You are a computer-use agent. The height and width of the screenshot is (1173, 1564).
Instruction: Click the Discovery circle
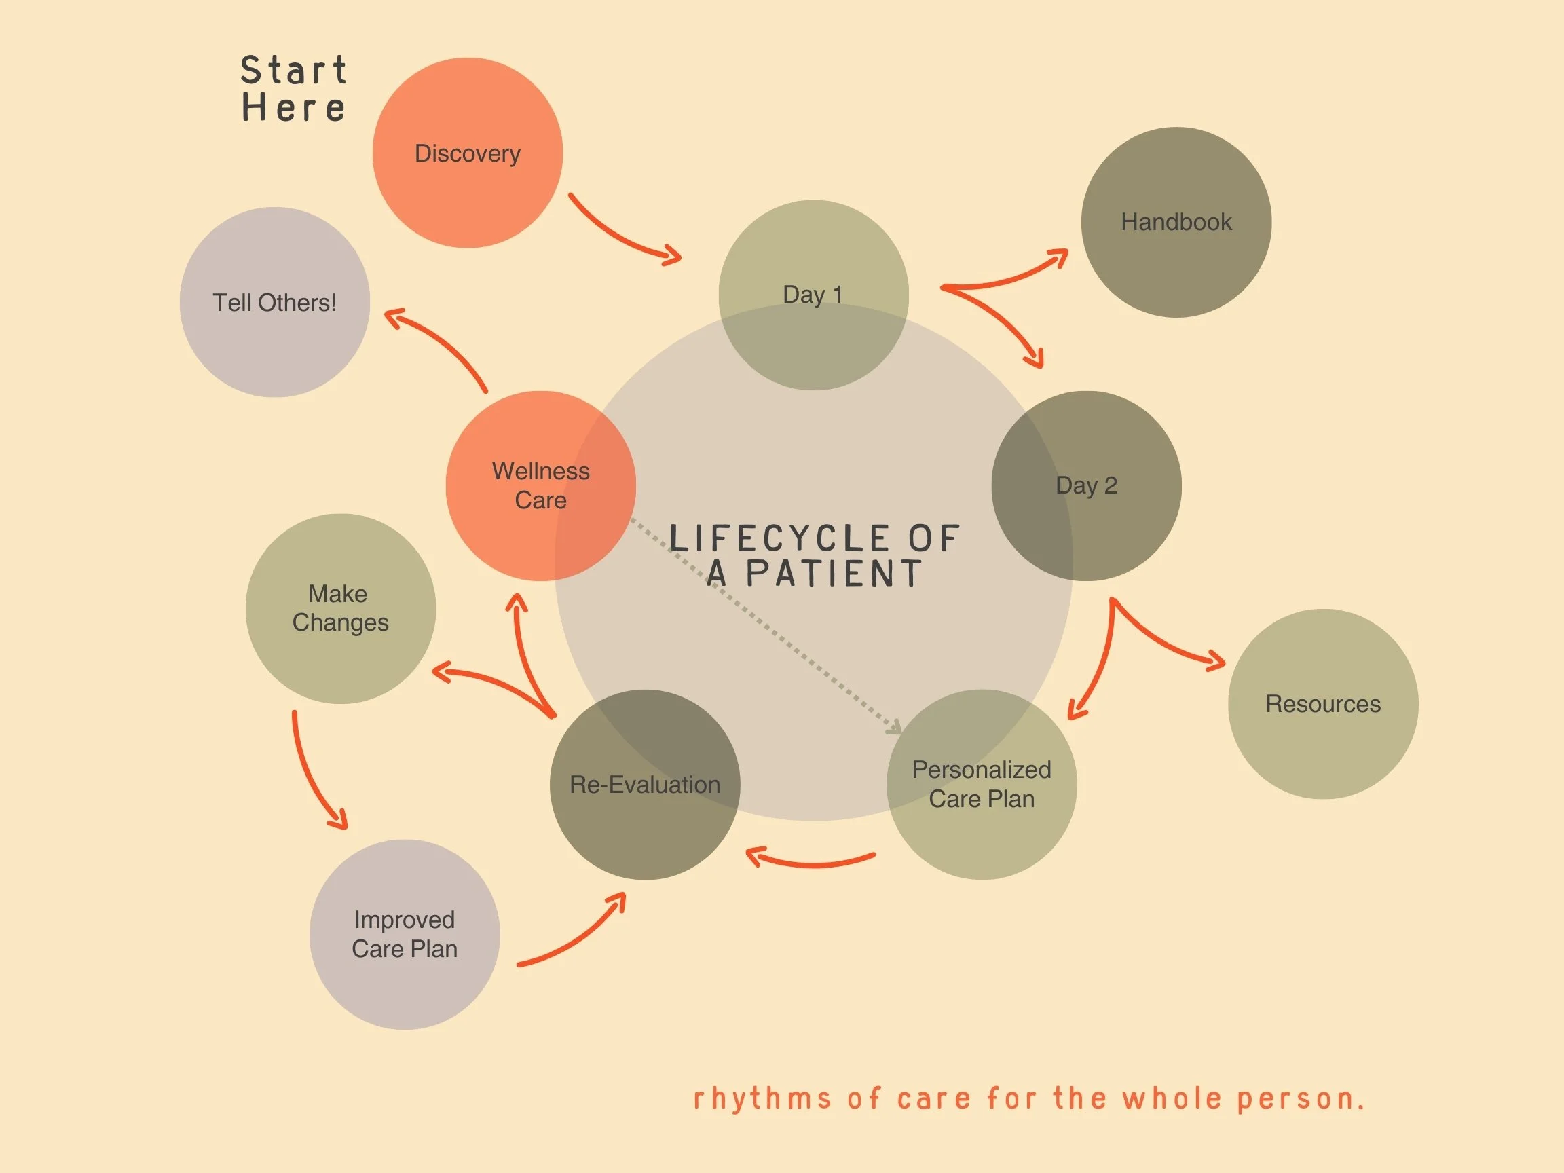click(x=467, y=153)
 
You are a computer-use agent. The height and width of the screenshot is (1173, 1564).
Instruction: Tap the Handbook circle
click(x=1176, y=222)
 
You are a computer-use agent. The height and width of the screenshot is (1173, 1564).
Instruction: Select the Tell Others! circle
click(x=274, y=302)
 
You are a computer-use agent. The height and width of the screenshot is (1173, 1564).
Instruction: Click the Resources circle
click(x=1322, y=703)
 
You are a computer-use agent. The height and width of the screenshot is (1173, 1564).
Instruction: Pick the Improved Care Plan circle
click(x=405, y=934)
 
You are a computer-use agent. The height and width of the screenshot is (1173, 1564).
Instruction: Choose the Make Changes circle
click(x=340, y=608)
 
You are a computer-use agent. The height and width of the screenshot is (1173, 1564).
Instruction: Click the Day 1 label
click(x=813, y=294)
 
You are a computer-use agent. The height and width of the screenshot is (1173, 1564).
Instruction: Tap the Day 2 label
click(x=1086, y=485)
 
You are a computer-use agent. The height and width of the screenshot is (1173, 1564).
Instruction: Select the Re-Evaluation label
click(x=645, y=784)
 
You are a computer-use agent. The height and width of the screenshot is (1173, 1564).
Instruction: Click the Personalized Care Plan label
click(x=982, y=784)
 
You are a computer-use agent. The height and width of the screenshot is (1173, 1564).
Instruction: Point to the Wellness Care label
click(x=540, y=485)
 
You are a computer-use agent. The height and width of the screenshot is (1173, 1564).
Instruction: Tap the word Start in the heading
click(x=293, y=71)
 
